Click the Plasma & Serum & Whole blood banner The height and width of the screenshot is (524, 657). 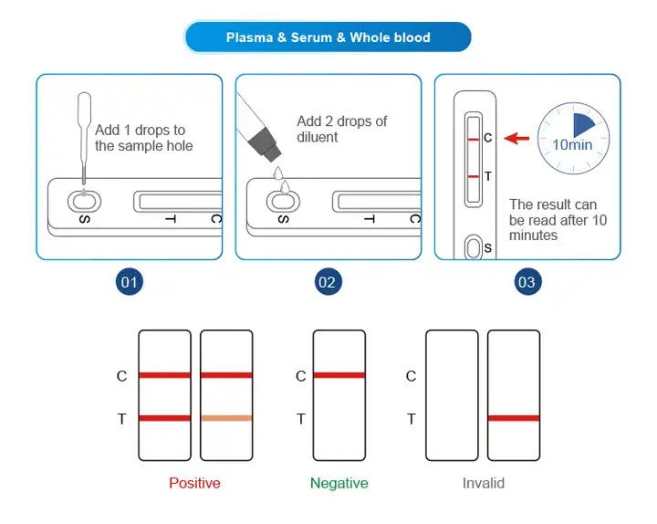coord(328,37)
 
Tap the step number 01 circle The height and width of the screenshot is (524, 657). coord(130,282)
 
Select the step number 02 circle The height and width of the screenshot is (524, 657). coord(328,282)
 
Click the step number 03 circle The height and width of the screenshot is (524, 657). coord(527,282)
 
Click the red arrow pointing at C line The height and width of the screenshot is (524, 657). coord(517,139)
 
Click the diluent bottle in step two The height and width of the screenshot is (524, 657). coord(257,128)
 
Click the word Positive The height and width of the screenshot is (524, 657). coord(194,483)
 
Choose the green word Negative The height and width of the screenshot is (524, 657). coord(339,483)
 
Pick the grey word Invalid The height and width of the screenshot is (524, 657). coord(483,483)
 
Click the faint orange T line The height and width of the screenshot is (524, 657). coord(225,418)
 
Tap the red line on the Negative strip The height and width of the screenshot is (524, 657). coord(339,375)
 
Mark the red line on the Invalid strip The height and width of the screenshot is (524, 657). coord(513,418)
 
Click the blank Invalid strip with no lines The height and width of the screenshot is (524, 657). coord(452,395)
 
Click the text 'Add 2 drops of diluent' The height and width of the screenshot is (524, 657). coord(341,129)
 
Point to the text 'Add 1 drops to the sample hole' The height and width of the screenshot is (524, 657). coord(143,138)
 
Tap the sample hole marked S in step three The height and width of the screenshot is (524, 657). coord(473,247)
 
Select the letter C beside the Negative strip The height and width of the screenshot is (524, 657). coord(300,376)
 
